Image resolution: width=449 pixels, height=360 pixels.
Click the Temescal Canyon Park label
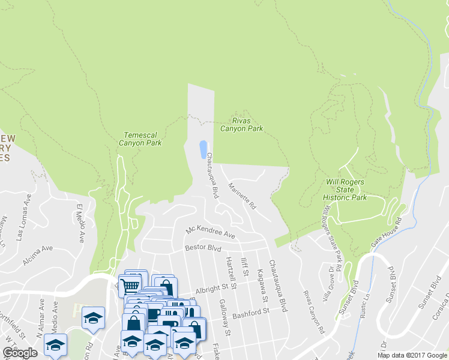(142, 139)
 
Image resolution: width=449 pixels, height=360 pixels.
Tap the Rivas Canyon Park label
(241, 124)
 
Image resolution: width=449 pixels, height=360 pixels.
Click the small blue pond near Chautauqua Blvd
(203, 149)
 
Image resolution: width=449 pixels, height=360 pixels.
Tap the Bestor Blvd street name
(203, 247)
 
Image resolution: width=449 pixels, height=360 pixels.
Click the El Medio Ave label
(80, 223)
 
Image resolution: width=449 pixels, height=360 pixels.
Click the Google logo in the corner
(20, 353)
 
